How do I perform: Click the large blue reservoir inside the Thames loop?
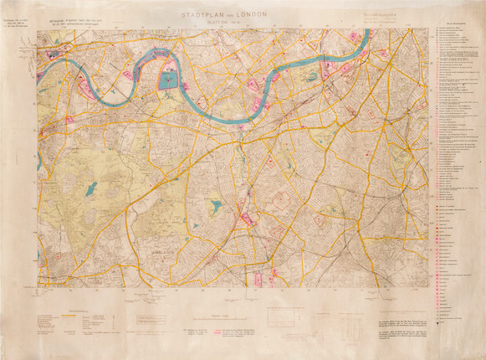[x=168, y=80]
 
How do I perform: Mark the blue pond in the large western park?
[x=90, y=188]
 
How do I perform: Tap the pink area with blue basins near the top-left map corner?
[x=59, y=55]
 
